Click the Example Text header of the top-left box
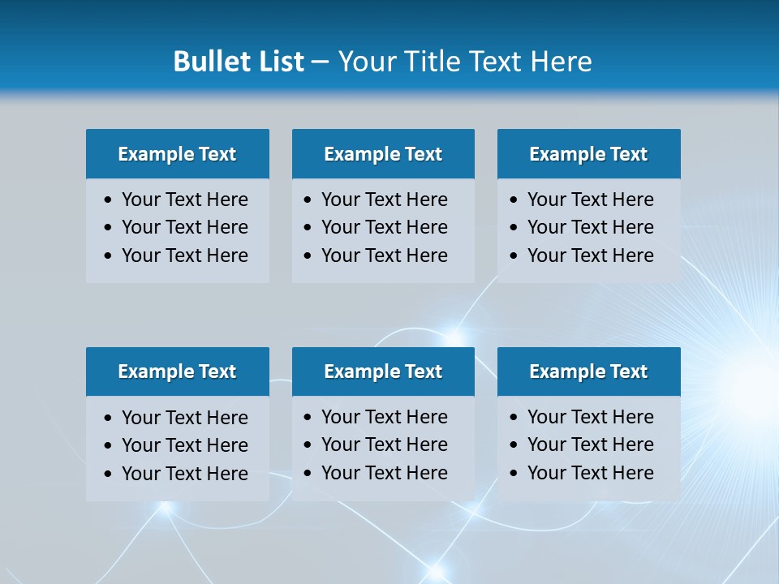click(x=177, y=154)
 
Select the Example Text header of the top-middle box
click(x=383, y=154)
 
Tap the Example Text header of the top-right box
click(x=588, y=154)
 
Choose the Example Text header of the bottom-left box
click(x=177, y=371)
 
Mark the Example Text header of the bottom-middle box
click(x=383, y=371)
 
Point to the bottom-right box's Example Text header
click(x=588, y=371)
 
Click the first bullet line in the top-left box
click(x=184, y=200)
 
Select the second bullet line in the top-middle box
click(x=384, y=227)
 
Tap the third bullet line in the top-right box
click(x=590, y=255)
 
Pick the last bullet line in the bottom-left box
click(x=184, y=474)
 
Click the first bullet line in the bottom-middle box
click(x=384, y=417)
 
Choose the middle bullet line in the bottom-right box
click(x=590, y=444)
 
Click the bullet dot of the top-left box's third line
click(x=109, y=256)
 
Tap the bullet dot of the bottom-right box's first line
click(x=514, y=418)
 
